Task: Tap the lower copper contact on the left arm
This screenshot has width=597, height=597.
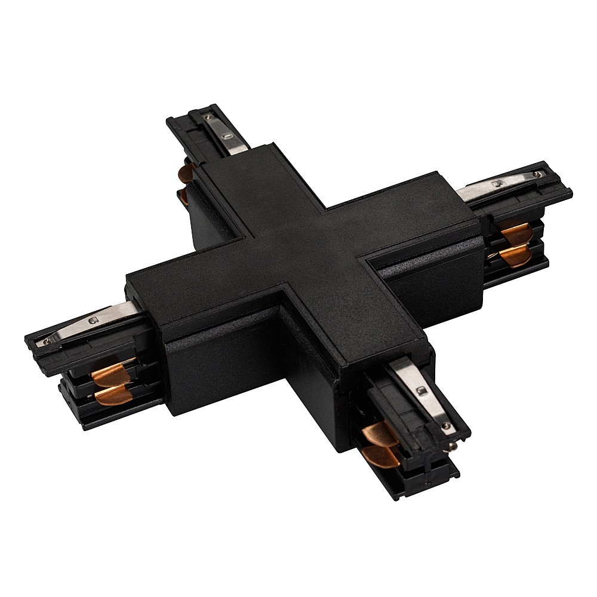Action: point(113,395)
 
